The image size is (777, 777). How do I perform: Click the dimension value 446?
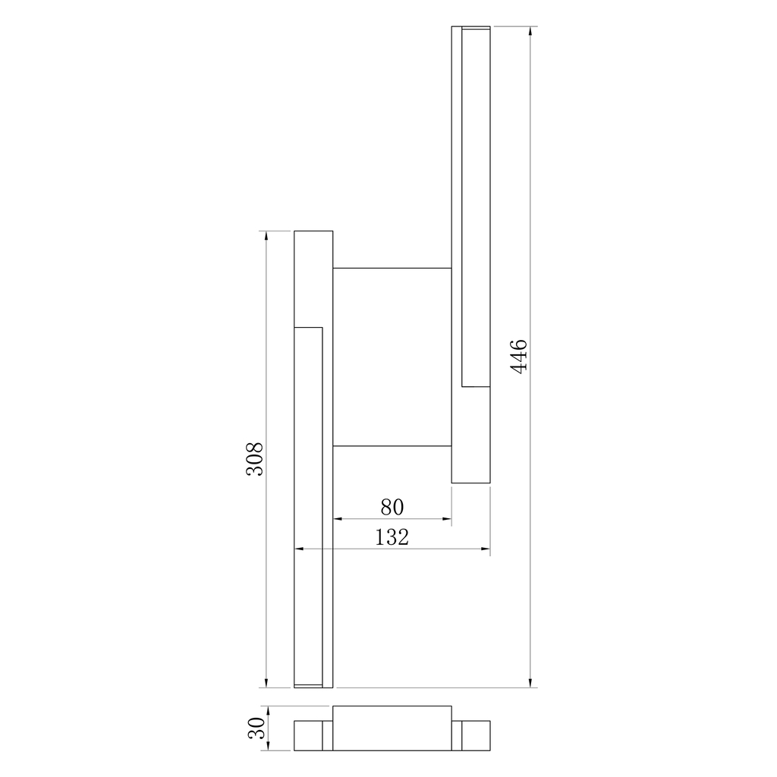pyautogui.click(x=519, y=357)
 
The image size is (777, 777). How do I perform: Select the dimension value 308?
pyautogui.click(x=255, y=459)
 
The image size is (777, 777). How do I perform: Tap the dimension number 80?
pyautogui.click(x=392, y=507)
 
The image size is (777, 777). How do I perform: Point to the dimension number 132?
pyautogui.click(x=392, y=537)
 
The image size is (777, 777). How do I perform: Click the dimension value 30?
pyautogui.click(x=256, y=728)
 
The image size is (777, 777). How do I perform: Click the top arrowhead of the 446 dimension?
pyautogui.click(x=530, y=31)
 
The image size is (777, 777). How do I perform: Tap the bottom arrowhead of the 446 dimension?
pyautogui.click(x=530, y=682)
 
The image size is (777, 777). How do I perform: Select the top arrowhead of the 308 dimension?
pyautogui.click(x=266, y=237)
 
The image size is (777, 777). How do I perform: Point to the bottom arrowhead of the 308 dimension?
pyautogui.click(x=266, y=682)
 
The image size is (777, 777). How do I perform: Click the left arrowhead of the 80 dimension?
pyautogui.click(x=338, y=519)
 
